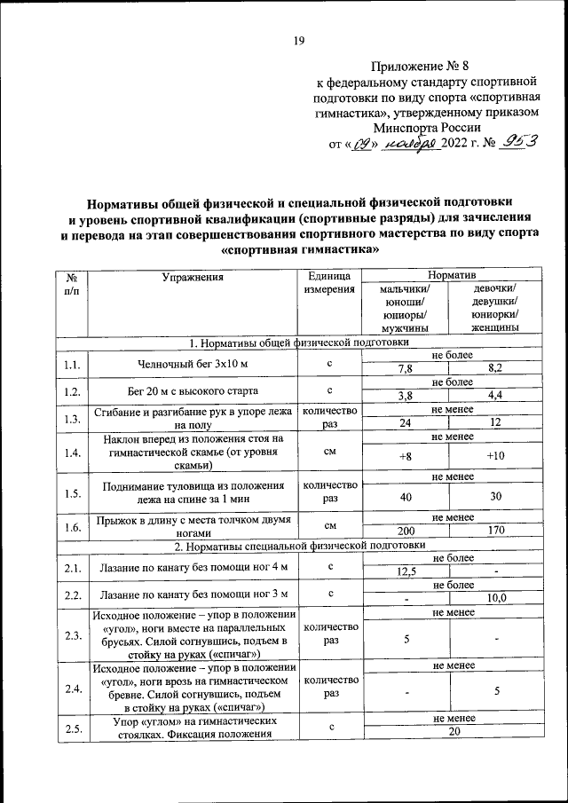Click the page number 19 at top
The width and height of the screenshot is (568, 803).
(x=299, y=40)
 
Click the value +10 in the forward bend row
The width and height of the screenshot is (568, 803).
(x=495, y=456)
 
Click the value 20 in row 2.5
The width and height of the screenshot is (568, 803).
(x=454, y=731)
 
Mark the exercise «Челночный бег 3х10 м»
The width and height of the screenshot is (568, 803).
(x=193, y=364)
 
